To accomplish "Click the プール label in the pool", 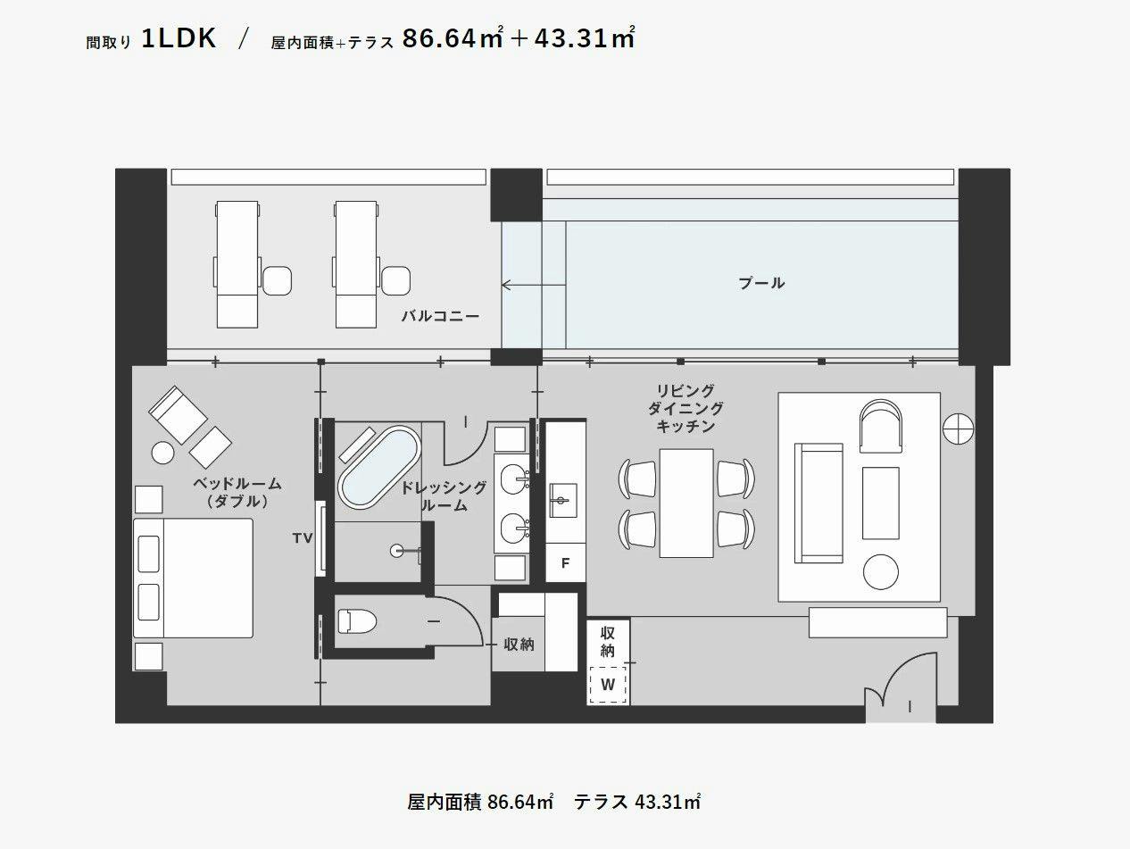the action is (x=761, y=283).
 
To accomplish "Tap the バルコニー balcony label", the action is (x=440, y=316).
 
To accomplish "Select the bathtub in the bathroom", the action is (x=378, y=468).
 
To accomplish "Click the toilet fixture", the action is (x=357, y=621).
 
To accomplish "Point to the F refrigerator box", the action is (x=565, y=562).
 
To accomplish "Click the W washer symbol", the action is (x=608, y=685).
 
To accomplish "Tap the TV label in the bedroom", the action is (x=303, y=538).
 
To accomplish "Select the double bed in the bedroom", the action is (x=193, y=578).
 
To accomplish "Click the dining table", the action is (x=686, y=503).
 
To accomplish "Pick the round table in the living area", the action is (x=881, y=572).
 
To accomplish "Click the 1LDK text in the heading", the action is (x=179, y=38).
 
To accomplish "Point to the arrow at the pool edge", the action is (x=534, y=285).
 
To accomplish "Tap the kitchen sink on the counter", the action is (x=563, y=500).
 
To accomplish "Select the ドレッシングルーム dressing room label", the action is (x=444, y=495).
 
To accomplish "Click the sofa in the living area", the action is (x=818, y=503).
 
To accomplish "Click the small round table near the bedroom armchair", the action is (x=162, y=454).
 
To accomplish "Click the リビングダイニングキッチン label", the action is (x=685, y=408).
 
